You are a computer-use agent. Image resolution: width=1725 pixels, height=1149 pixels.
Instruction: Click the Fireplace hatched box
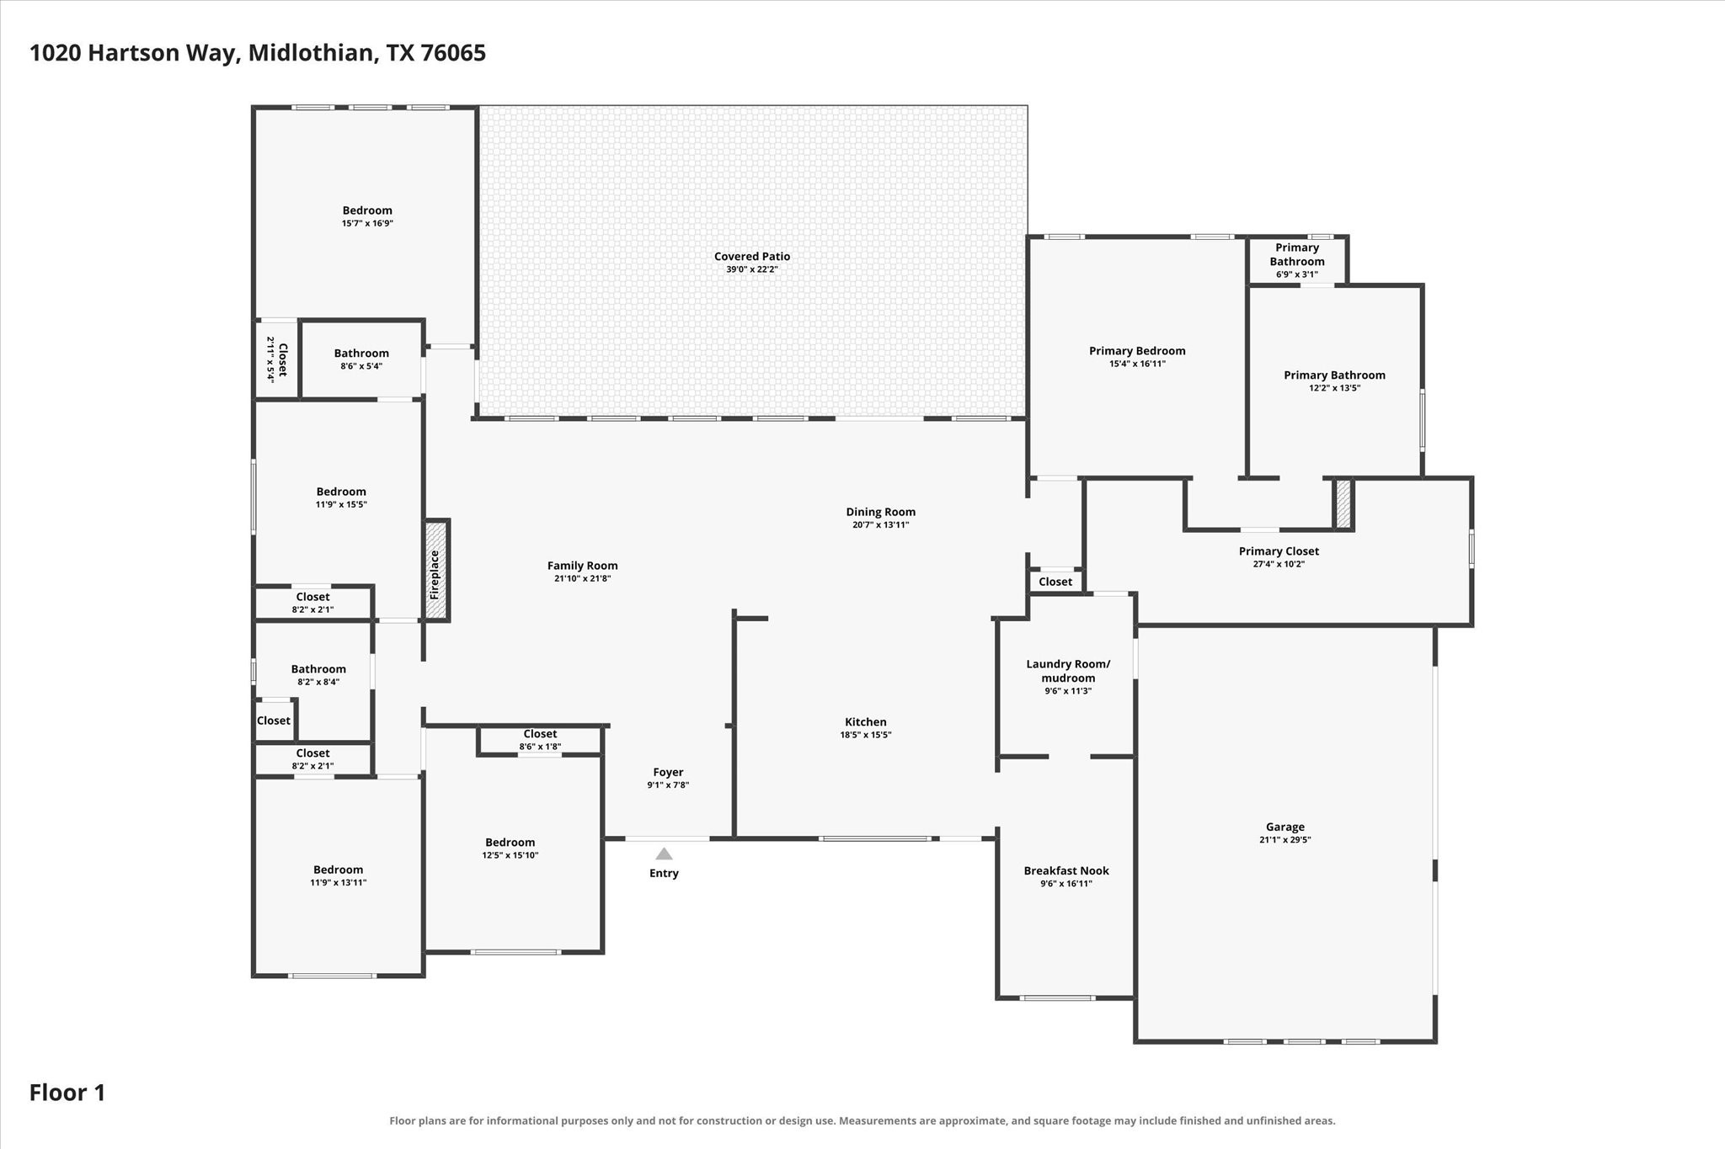coord(435,571)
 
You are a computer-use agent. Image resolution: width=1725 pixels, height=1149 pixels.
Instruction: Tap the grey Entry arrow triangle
coord(664,854)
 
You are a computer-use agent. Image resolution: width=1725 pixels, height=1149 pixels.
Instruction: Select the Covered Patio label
coord(752,257)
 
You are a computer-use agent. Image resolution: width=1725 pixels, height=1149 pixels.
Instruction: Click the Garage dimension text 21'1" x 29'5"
coord(1285,839)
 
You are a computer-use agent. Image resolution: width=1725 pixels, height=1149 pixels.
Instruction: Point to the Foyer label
coord(668,772)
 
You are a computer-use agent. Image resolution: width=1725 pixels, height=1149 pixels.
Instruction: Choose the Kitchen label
coord(866,721)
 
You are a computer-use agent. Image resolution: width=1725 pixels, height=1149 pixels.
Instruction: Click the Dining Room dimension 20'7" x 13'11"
coord(880,524)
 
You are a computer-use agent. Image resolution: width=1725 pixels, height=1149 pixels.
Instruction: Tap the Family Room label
coord(582,566)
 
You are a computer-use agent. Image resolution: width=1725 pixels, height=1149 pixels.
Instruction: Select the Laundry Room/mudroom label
coord(1068,671)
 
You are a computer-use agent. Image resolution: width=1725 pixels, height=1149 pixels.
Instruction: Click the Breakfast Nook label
coord(1066,870)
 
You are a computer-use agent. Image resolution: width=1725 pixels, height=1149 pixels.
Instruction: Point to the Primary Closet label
coord(1279,551)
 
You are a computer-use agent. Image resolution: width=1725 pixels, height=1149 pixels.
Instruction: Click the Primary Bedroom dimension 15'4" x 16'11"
coord(1137,364)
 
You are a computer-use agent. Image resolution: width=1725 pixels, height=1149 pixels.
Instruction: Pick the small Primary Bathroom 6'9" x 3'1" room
coord(1297,260)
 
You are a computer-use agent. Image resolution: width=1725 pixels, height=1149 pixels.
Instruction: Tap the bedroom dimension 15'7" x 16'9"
coord(367,223)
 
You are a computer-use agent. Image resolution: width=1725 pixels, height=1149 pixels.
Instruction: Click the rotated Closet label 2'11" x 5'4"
coord(277,359)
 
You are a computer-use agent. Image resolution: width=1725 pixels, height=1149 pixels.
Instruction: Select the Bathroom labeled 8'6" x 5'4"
coord(361,359)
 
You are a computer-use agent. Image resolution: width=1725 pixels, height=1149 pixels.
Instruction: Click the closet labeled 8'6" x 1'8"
coord(540,740)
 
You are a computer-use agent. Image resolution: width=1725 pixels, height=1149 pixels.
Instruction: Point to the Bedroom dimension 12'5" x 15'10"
coord(510,855)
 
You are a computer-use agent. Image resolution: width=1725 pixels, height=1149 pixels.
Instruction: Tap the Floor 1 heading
coord(67,1093)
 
